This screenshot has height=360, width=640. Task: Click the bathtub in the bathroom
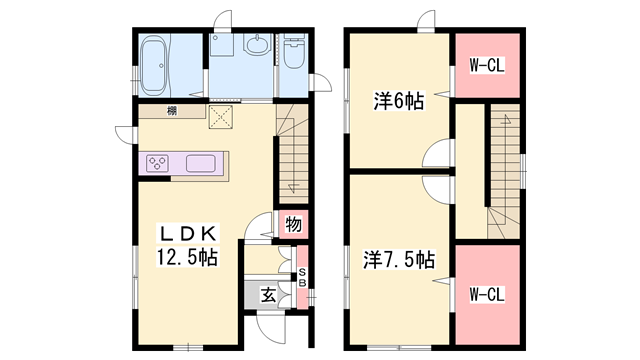pos(153,65)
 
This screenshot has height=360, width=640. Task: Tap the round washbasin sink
pos(257,44)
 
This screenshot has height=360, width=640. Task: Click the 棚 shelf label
pos(172,111)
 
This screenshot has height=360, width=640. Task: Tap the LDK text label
pos(187,234)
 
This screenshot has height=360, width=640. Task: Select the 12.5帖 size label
pos(187,257)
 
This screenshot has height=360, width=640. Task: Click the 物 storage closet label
pos(293,224)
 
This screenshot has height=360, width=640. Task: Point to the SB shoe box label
pos(302,277)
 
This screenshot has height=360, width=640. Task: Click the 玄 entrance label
pos(269,295)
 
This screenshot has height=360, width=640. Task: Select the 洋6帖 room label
pos(399,101)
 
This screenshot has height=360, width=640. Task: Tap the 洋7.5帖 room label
pos(399,260)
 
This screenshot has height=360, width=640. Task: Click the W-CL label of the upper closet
pos(487,65)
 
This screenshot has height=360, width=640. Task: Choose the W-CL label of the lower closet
pos(487,294)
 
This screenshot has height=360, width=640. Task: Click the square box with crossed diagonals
pos(220,117)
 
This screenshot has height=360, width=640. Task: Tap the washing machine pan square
pos(221,45)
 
